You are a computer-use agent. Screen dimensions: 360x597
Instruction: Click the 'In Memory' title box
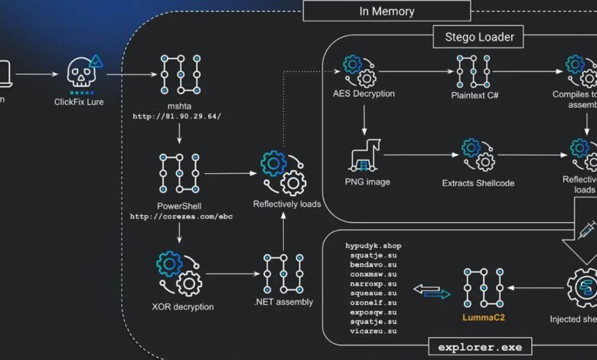(x=387, y=11)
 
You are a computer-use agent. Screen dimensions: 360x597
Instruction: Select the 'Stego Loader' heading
(x=479, y=36)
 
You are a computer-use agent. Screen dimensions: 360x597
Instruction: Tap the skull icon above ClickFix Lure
(x=80, y=74)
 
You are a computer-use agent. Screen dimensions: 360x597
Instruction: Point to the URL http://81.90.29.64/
(x=177, y=116)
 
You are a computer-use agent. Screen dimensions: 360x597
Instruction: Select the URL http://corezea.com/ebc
(x=181, y=217)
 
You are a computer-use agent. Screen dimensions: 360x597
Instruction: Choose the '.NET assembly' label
(x=283, y=302)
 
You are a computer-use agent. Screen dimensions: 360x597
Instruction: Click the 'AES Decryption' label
(x=364, y=94)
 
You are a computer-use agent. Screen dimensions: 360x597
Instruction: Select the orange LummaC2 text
(x=484, y=316)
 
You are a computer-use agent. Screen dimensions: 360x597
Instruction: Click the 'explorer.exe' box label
(x=480, y=347)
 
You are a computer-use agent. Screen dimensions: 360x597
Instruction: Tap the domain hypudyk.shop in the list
(x=374, y=246)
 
